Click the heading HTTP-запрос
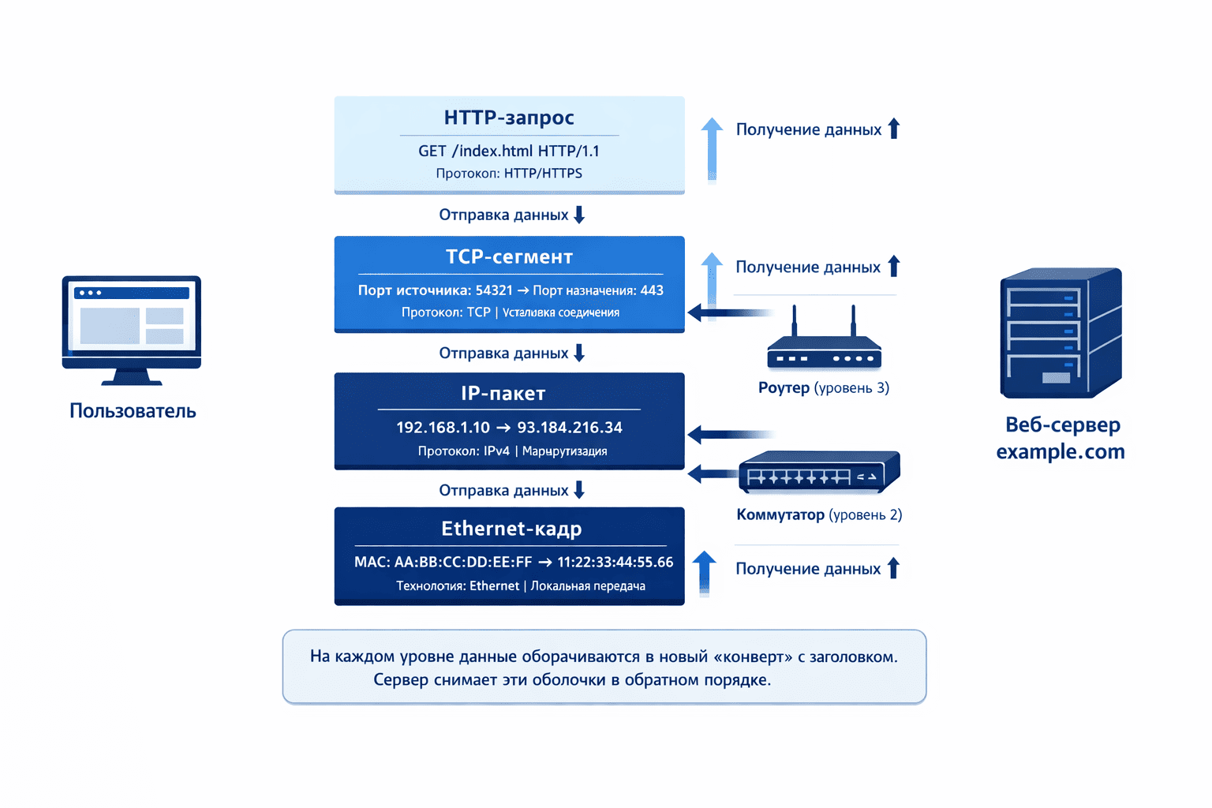click(509, 118)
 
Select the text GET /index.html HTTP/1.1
click(509, 151)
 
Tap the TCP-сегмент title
click(509, 256)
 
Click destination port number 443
click(652, 290)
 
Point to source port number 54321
click(494, 290)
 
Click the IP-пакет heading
click(503, 393)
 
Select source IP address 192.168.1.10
click(443, 428)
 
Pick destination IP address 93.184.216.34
click(570, 428)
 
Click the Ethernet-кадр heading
click(511, 528)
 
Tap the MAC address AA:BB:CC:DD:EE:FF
click(463, 562)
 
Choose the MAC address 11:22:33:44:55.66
click(615, 562)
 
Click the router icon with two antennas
click(824, 344)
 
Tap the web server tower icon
click(1060, 333)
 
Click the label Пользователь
click(133, 411)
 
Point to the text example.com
click(1060, 452)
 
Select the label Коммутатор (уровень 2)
click(819, 514)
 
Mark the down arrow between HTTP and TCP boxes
click(579, 215)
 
